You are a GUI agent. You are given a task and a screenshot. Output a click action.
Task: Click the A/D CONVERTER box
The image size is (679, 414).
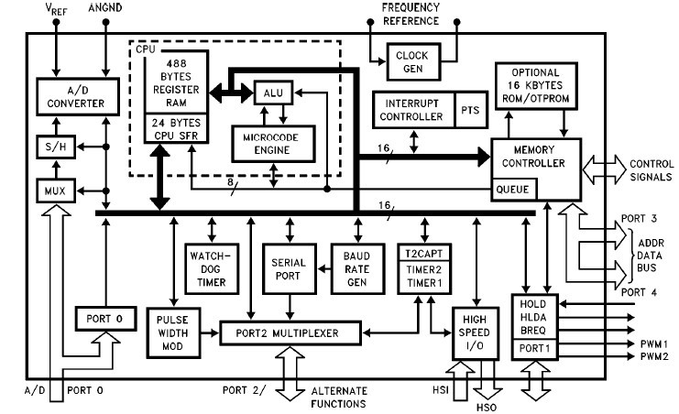tap(78, 96)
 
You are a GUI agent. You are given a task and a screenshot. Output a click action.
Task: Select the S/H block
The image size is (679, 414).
tap(56, 147)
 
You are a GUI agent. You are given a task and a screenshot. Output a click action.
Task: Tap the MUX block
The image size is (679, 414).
tap(56, 191)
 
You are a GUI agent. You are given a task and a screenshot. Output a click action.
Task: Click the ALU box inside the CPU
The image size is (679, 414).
tap(273, 93)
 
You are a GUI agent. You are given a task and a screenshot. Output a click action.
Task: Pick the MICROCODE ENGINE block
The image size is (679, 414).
tap(273, 144)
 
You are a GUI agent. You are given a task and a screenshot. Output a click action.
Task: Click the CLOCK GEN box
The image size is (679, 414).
tap(413, 61)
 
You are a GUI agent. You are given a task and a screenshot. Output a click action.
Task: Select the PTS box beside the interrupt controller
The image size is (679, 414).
tap(471, 110)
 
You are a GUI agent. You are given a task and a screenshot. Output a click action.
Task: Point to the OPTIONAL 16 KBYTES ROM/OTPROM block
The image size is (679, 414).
tap(536, 86)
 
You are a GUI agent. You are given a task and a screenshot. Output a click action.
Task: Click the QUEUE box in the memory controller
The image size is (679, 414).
tap(514, 190)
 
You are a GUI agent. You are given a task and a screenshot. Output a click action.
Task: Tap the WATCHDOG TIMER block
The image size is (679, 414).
tap(212, 269)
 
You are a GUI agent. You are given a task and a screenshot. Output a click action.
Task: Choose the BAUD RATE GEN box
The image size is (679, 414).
tap(357, 269)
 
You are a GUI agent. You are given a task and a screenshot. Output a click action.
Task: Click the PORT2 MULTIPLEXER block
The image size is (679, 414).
tap(290, 333)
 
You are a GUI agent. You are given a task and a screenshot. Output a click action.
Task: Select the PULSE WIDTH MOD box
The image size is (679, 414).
tap(173, 333)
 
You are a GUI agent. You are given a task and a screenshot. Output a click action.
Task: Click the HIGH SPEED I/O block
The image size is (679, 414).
tap(476, 333)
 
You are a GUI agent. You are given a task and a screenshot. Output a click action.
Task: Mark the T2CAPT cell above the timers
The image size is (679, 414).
tap(424, 253)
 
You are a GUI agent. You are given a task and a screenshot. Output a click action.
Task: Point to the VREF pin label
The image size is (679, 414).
tap(56, 9)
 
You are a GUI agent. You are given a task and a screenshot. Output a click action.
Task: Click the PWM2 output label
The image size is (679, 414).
tap(654, 357)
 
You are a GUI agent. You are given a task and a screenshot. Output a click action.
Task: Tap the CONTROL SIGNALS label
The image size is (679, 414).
tap(652, 170)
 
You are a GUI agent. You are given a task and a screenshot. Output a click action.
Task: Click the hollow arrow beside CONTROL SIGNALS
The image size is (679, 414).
tap(604, 169)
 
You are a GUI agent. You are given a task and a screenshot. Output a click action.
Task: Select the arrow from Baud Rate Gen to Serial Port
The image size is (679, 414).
tap(323, 269)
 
